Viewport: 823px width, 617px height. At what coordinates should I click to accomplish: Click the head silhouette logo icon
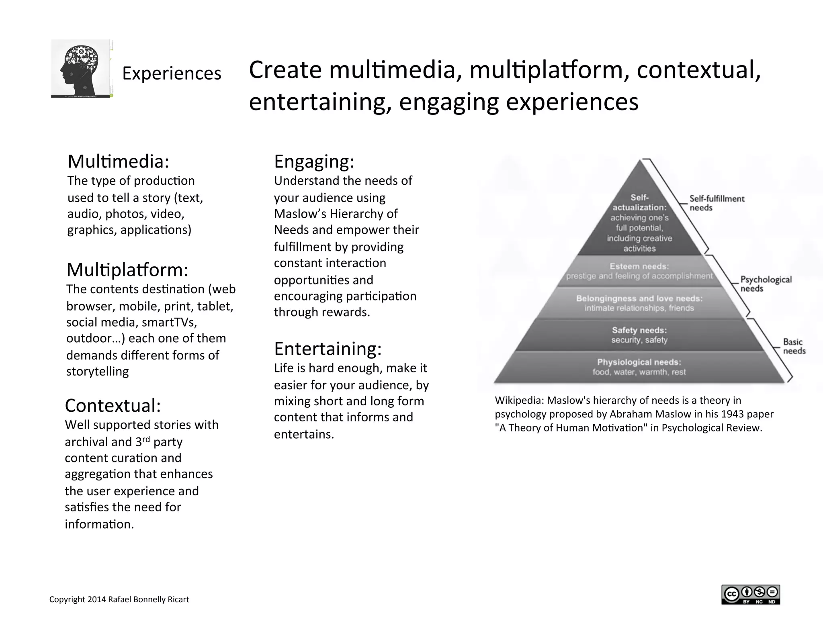point(81,68)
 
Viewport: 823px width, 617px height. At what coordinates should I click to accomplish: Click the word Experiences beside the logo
point(172,74)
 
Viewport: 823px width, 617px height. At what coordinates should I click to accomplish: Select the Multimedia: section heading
point(118,162)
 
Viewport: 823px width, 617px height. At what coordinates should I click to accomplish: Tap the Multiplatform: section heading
point(127,270)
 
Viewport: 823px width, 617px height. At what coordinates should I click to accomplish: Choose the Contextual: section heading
point(113,406)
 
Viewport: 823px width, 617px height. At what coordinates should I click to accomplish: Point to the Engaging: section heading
point(314,162)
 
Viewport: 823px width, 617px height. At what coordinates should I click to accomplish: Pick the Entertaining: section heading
point(328,349)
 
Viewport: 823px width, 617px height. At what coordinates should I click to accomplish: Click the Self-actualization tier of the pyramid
point(639,223)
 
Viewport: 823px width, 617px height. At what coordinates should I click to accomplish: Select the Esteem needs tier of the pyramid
point(639,271)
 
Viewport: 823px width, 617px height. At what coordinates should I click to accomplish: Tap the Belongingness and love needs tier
point(639,303)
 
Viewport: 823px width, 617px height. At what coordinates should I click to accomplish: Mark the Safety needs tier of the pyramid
point(639,335)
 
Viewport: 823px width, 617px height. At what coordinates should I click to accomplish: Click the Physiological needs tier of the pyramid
point(639,367)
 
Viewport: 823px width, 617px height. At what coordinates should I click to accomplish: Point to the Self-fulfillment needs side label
point(717,203)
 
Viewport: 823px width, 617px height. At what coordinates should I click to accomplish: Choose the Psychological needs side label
point(766,284)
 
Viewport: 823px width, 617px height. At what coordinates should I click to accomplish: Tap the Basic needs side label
point(794,346)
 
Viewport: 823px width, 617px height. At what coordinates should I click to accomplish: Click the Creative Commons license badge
point(750,595)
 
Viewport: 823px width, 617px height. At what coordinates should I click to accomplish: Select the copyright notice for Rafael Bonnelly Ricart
point(119,599)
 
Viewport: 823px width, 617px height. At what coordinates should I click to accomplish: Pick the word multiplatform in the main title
point(547,70)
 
